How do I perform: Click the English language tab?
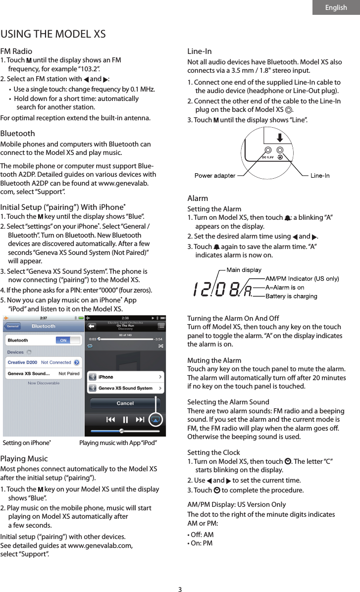tap(336, 7)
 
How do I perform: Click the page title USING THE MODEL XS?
tap(53, 34)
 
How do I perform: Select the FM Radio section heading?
tap(16, 51)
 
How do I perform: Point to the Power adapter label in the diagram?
tap(214, 175)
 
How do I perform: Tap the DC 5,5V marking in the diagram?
tap(267, 157)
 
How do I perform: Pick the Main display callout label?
tap(244, 270)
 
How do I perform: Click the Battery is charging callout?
tap(291, 296)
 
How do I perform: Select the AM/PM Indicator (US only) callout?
tap(302, 279)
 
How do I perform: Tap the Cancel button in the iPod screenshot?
tap(125, 403)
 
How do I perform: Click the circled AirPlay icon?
tap(155, 420)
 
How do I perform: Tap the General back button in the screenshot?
tap(12, 326)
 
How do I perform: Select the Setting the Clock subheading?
tap(213, 452)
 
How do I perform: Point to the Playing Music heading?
tap(24, 458)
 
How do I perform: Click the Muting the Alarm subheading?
tap(214, 360)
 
